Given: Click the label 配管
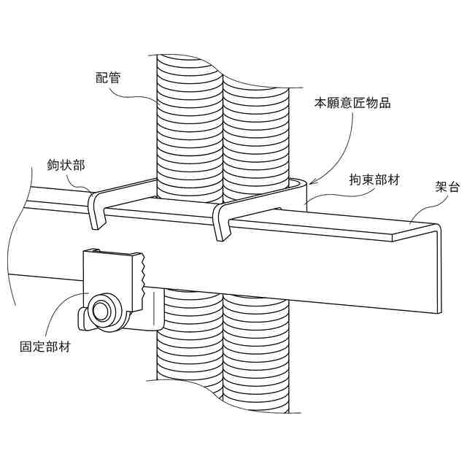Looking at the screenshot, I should [x=108, y=77].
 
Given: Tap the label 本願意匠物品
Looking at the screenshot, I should [x=352, y=104].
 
